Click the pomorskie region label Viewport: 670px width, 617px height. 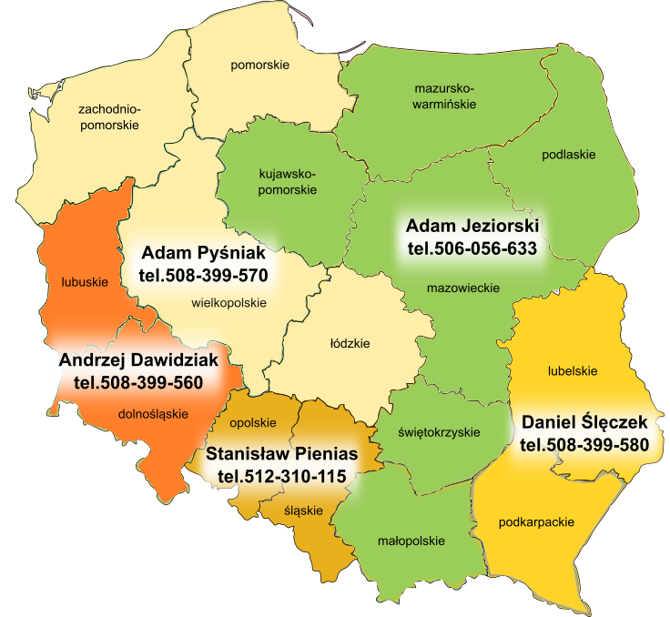coord(259,65)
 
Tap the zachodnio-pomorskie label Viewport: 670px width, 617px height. coord(109,117)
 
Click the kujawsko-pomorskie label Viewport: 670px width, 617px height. coord(288,181)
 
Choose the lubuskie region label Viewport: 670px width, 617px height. coord(84,282)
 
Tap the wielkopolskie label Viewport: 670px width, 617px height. coord(229,303)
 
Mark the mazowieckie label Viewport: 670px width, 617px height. coord(463,288)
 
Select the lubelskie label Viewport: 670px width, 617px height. coord(572,370)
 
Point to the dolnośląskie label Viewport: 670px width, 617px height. coord(153,414)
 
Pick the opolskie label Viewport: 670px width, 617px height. coord(252,422)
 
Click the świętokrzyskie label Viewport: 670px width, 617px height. coord(439,431)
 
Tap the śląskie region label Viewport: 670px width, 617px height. coord(303,511)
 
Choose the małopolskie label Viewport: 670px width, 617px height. coord(411,541)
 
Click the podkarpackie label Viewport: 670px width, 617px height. coord(536,522)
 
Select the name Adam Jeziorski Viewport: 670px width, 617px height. coord(472,225)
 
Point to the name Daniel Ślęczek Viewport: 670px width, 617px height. coord(584,422)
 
